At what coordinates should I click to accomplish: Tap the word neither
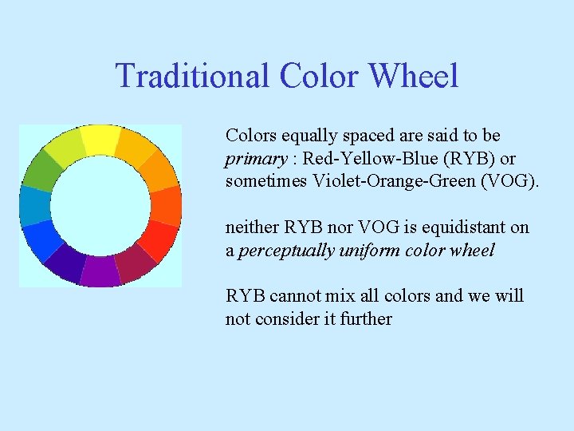tap(252, 227)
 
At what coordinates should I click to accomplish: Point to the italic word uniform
tap(370, 250)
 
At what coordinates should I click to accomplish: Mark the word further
tap(364, 318)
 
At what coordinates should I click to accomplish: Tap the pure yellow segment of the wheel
tap(100, 140)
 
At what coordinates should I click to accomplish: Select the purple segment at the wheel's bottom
tap(100, 271)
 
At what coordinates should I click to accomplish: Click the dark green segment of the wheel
tap(41, 170)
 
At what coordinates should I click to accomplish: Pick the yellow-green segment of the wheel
tap(65, 148)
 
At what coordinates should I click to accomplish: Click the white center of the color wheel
tap(100, 205)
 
